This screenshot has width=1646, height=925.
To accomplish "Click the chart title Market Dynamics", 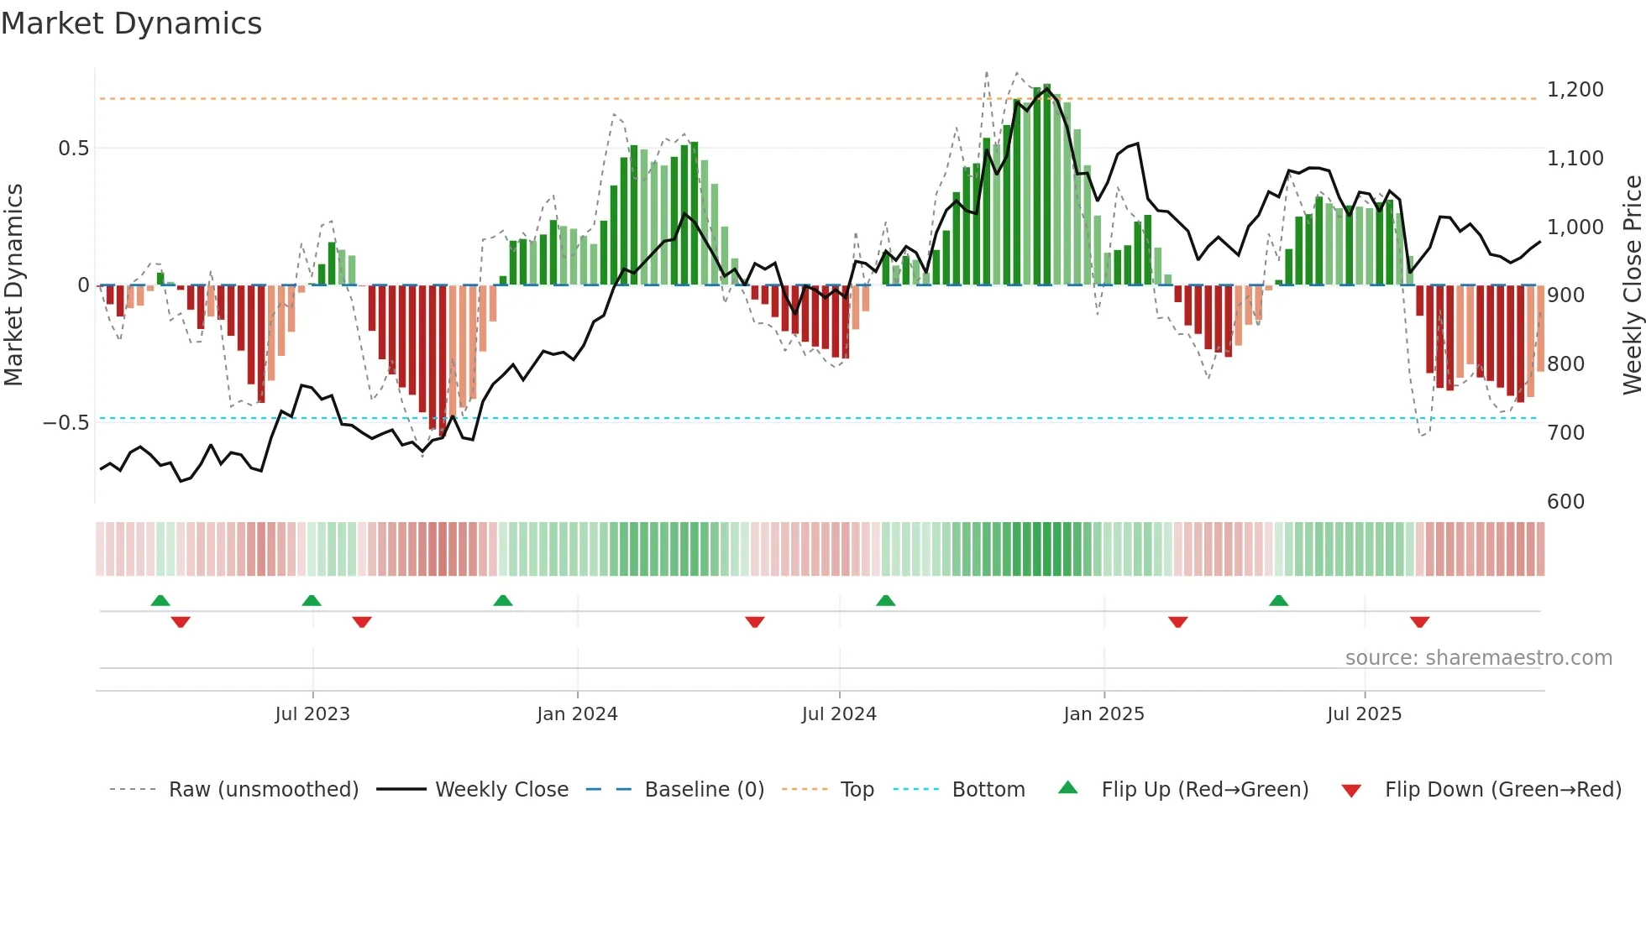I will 131,24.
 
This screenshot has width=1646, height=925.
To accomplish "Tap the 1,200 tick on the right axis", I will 1575,90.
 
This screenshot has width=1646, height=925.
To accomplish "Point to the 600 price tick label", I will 1565,501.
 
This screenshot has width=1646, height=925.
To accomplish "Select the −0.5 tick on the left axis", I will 66,423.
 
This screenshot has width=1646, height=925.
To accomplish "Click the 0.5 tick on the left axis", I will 73,149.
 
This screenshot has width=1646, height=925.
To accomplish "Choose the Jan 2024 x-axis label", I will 577,714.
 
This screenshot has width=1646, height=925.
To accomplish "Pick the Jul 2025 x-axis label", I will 1364,714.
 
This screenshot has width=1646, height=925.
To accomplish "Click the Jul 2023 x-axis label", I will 312,714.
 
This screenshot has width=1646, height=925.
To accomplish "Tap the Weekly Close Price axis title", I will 1632,285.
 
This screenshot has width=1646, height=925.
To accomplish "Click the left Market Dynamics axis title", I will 13,285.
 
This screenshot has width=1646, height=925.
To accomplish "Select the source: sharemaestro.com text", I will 1478,658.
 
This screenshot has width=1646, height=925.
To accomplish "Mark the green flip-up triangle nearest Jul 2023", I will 312,600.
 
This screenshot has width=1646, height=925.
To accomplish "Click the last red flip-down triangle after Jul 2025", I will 1419,622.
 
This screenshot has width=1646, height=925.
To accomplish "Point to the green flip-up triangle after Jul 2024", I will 885,600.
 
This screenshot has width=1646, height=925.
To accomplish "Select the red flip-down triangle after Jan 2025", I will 1177,622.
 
